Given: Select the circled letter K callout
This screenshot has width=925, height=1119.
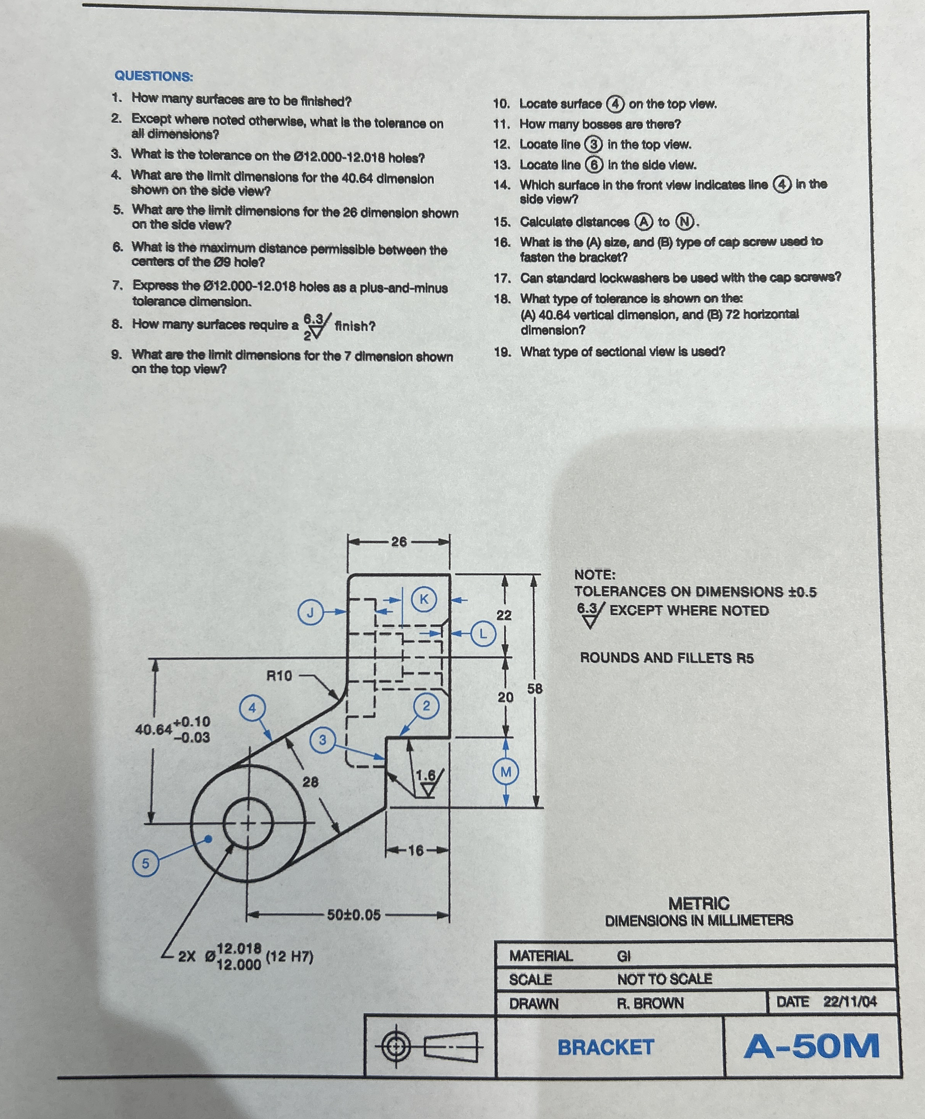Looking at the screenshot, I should coord(424,599).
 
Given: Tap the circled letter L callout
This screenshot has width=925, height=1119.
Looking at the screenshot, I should coord(483,634).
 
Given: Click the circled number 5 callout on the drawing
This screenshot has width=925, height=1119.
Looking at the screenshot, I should coord(145,863).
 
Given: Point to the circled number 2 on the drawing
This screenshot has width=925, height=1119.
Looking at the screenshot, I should coord(426,706).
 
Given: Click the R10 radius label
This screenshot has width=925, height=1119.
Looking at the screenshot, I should coord(279,676).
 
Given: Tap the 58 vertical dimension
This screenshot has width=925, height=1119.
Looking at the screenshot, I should coord(535,688).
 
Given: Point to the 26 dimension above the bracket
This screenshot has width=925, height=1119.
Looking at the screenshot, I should coord(399,542).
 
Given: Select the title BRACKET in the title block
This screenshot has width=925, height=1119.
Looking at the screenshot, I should coord(606,1047).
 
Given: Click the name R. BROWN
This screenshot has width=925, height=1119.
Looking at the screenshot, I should coord(650,1004).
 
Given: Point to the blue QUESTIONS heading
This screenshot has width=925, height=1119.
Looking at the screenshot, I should coord(154,76).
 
